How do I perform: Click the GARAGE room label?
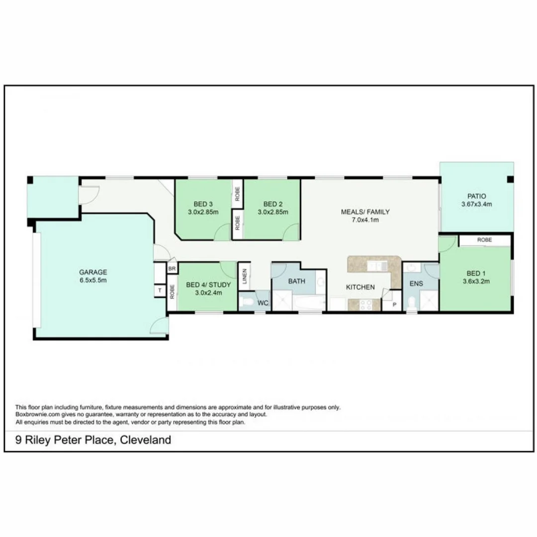93,272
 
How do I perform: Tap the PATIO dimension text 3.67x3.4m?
476,204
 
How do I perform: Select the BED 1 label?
473,273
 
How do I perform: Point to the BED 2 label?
272,204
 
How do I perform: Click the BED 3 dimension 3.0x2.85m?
203,212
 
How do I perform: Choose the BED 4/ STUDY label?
208,285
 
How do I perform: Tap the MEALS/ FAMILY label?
365,212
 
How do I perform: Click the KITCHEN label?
360,287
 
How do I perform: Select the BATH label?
297,281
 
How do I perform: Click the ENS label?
416,283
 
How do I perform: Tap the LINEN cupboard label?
245,276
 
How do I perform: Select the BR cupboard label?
172,268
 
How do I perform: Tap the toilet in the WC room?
247,302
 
